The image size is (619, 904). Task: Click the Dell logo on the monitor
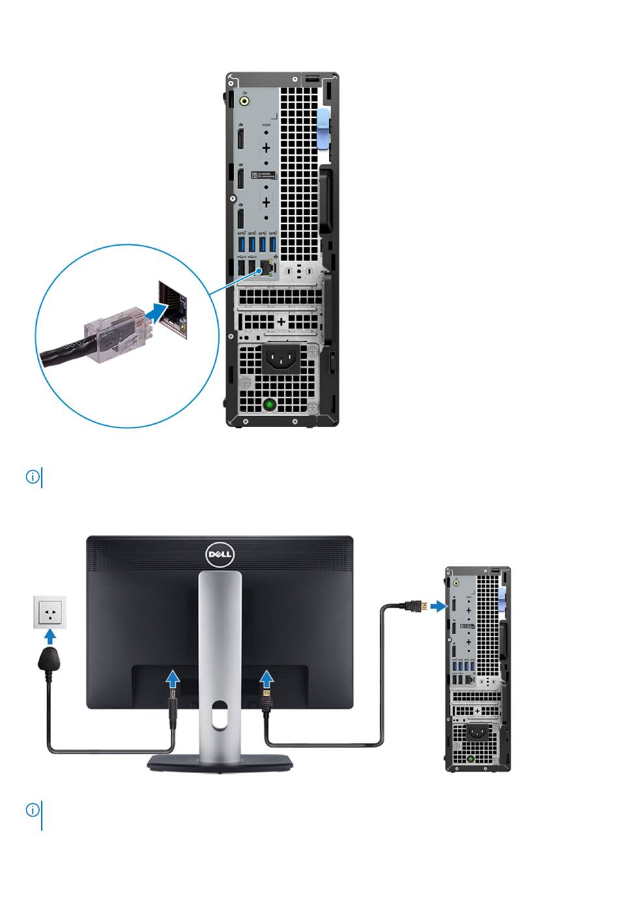[220, 555]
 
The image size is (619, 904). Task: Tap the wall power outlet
[50, 612]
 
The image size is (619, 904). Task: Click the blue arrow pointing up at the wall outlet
[50, 635]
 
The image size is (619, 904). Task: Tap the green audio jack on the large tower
[244, 101]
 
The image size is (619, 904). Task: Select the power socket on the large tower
[280, 357]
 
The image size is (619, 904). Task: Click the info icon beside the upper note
[33, 477]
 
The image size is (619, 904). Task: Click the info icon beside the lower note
[33, 810]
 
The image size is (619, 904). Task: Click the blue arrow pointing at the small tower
[439, 607]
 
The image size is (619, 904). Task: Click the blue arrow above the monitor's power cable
[172, 679]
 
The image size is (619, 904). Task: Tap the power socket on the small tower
[478, 732]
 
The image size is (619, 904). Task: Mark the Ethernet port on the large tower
[266, 269]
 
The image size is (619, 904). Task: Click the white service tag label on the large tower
[266, 175]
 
